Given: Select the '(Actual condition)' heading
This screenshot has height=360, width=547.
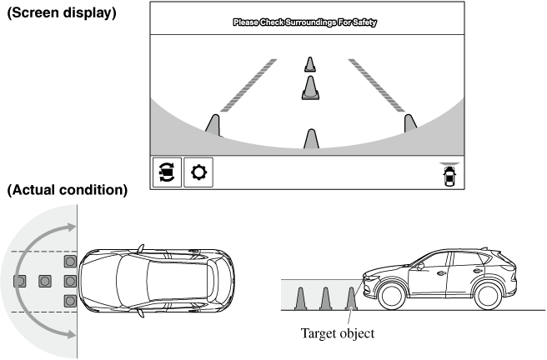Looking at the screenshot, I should point(67,191).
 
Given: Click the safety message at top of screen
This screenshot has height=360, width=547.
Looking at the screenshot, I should point(304,24).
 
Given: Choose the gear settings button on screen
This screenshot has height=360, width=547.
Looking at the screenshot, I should point(198,172).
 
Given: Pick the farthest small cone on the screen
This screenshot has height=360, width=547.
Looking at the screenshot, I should point(310,64).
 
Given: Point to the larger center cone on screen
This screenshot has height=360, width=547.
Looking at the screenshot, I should point(310,87).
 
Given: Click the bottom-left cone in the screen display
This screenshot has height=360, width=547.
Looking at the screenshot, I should point(213,125).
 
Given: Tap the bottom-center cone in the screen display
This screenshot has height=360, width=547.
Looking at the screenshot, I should point(311,139).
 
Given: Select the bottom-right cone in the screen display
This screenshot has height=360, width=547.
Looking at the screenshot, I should point(409,123).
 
